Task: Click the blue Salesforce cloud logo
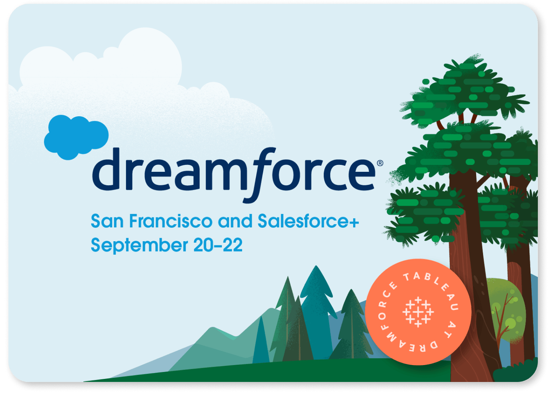click(77, 137)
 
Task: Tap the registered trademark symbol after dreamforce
click(380, 163)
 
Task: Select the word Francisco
click(170, 221)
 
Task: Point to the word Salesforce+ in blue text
click(308, 221)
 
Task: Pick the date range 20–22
click(218, 245)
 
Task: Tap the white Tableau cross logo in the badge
click(418, 312)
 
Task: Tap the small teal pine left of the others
click(261, 341)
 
